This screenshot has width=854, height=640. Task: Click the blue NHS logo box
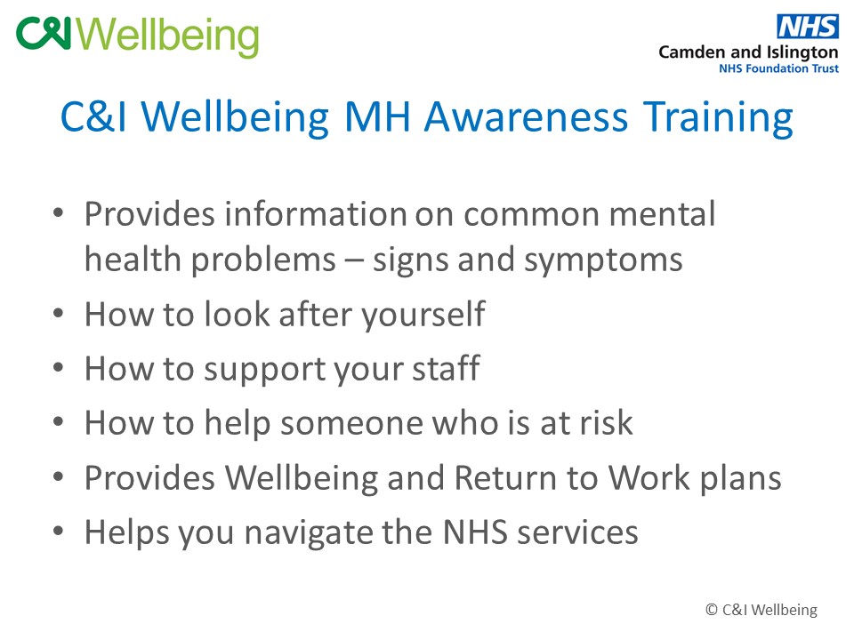point(808,26)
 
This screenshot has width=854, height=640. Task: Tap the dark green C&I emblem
point(44,33)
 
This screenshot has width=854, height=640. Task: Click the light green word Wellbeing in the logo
point(168,36)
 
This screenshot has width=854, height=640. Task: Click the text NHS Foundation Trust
point(779,68)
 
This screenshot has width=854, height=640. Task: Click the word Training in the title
point(718,117)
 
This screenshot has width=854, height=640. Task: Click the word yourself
point(423,316)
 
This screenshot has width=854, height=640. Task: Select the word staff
point(446,368)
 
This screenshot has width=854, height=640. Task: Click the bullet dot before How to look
point(59,314)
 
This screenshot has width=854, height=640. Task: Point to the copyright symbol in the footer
point(712,610)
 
